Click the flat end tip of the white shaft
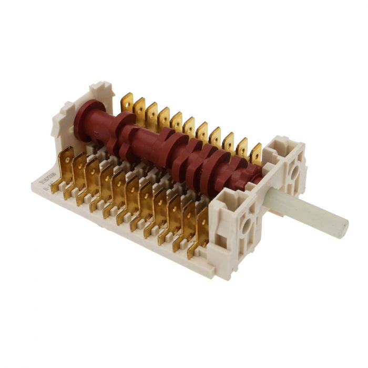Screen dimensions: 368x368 tap(342, 228)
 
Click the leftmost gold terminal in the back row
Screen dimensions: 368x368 tap(127, 103)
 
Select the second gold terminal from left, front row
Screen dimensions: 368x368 tap(79, 171)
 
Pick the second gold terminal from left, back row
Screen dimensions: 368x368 tap(139, 108)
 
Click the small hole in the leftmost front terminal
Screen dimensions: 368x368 tap(67, 157)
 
